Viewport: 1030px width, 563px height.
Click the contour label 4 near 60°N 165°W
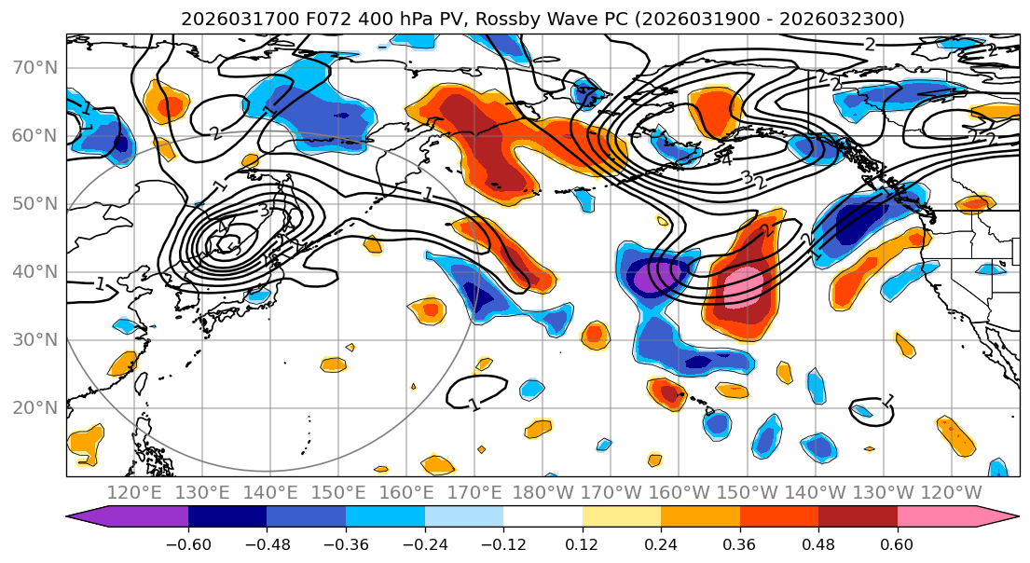click(x=726, y=159)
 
